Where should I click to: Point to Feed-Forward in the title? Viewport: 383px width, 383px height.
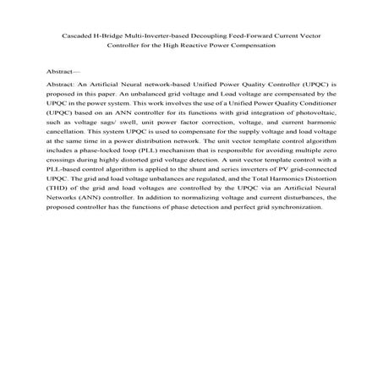[x=264, y=37]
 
